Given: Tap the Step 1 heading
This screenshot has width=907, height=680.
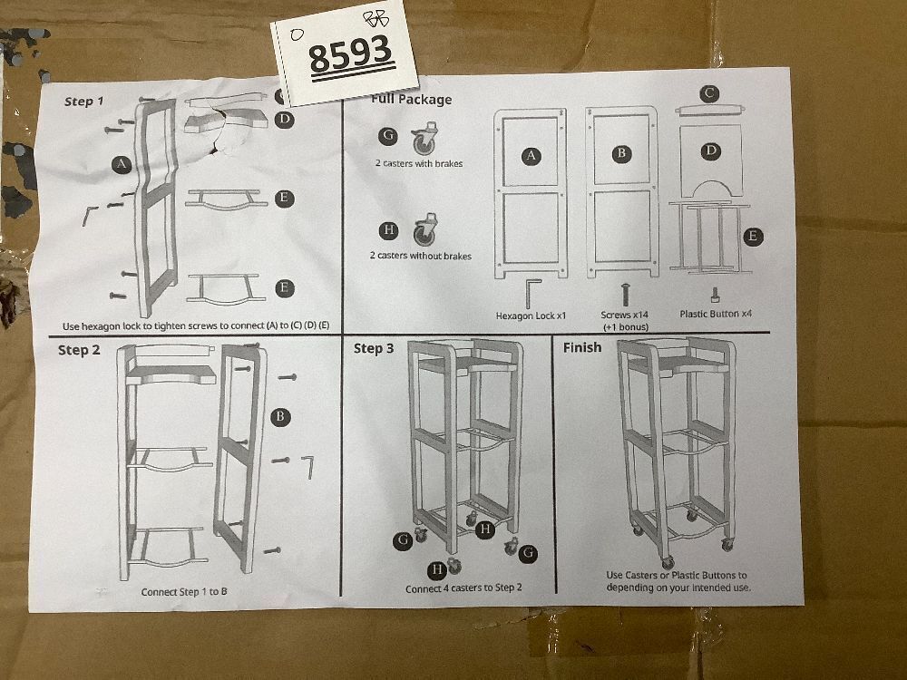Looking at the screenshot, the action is coord(83,102).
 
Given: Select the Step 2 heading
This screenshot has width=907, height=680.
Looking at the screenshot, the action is coord(79,350).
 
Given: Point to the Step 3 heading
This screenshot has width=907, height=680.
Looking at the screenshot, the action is coord(374,348).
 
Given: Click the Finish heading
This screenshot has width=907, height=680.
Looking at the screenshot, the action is coord(582,347).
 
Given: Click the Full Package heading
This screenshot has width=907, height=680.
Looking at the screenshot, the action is coord(411,99).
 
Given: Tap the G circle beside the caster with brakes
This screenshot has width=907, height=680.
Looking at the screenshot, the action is coord(388,136).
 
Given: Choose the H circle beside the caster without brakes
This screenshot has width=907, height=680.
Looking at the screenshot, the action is coord(389,230).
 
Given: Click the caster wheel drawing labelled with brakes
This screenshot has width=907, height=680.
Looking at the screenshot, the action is coord(424,139).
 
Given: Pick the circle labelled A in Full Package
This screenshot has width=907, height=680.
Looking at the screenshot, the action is coord(531,155).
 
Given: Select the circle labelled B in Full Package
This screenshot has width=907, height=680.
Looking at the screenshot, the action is coord(622,153).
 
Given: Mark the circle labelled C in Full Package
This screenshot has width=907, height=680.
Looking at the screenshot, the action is coord(709,93).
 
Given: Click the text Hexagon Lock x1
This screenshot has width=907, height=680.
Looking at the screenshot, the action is coord(531,316).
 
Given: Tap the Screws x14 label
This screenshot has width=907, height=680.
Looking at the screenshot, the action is coord(625,315).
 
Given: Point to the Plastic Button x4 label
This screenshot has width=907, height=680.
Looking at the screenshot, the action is coord(717,314).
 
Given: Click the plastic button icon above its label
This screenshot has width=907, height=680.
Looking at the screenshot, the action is coord(716,295).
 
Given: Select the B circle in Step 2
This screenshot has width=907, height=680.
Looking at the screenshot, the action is coord(280,416).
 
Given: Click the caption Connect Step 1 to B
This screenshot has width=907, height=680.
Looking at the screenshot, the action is coord(184,591).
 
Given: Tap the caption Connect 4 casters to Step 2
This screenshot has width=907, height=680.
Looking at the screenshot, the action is coord(463,588).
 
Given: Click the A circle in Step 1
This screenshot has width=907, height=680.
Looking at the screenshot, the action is coord(121,164).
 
